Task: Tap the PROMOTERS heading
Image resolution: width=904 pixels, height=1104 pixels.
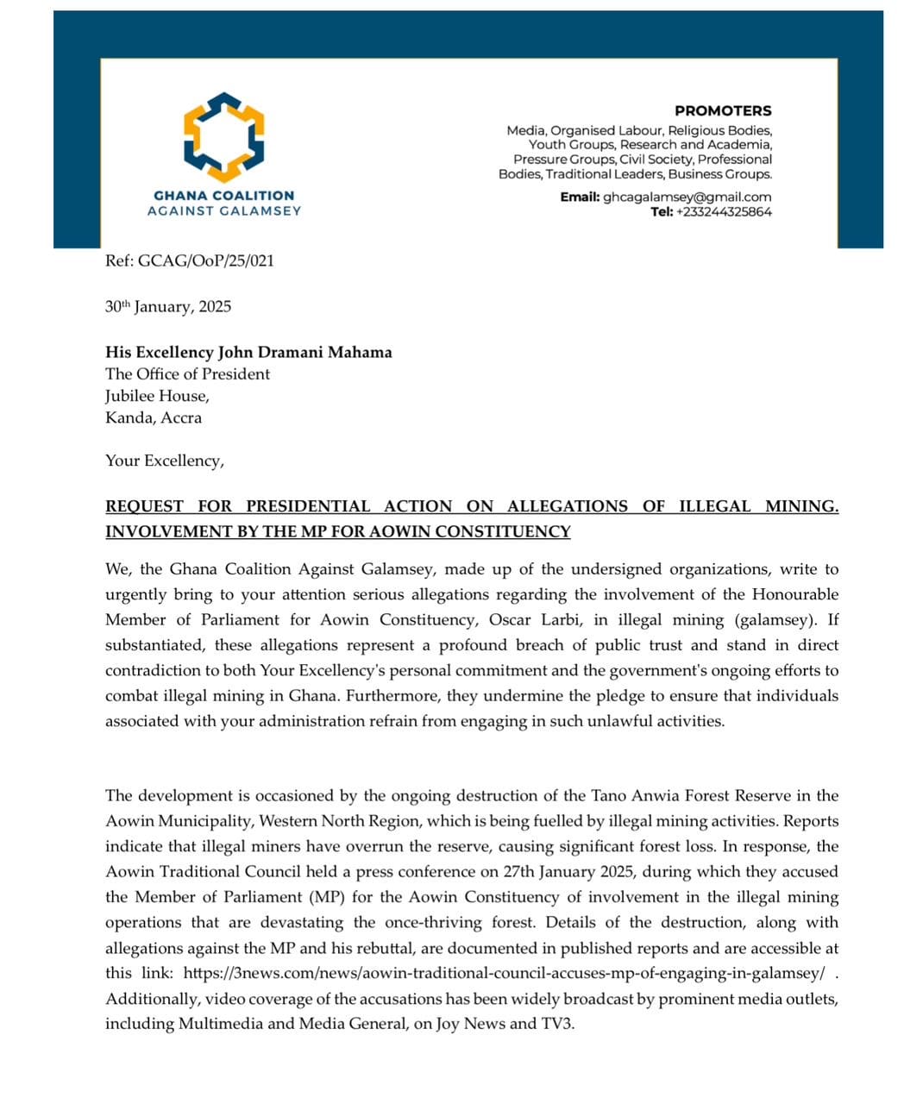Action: point(723,110)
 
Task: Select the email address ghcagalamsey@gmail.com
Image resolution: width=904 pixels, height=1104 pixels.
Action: point(687,197)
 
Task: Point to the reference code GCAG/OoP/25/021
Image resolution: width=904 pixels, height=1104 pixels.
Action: point(206,260)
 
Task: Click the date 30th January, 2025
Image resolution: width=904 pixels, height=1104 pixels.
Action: point(168,307)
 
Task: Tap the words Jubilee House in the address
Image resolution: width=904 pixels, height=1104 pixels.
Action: point(156,396)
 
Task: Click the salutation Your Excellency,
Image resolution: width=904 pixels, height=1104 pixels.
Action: point(164,461)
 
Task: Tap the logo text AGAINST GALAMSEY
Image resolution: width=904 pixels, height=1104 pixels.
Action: point(223,210)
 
